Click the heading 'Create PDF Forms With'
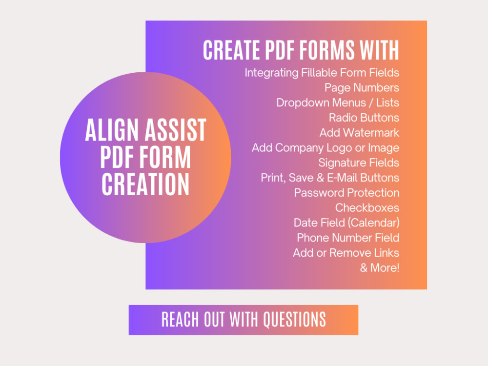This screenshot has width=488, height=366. click(301, 50)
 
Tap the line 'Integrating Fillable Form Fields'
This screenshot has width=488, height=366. click(322, 73)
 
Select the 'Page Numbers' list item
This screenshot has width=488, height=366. click(362, 88)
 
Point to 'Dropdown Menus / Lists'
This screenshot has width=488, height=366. click(338, 103)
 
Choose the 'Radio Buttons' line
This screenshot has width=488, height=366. click(364, 118)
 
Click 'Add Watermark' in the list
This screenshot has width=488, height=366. click(359, 133)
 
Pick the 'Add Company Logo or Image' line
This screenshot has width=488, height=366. click(325, 148)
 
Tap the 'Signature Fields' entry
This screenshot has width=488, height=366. click(359, 163)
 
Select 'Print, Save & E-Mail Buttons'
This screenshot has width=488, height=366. click(330, 178)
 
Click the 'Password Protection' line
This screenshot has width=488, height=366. click(346, 193)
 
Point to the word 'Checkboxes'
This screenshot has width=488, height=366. click(367, 208)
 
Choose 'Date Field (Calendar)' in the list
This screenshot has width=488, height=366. click(346, 223)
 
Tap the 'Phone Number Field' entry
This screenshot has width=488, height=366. click(348, 238)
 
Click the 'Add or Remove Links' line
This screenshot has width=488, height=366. click(346, 253)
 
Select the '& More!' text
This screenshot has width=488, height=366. click(380, 268)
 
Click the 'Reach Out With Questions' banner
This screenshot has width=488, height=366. click(244, 320)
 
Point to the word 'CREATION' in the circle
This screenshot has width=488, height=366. click(145, 184)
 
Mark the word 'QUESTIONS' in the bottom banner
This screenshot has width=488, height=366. click(294, 320)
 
